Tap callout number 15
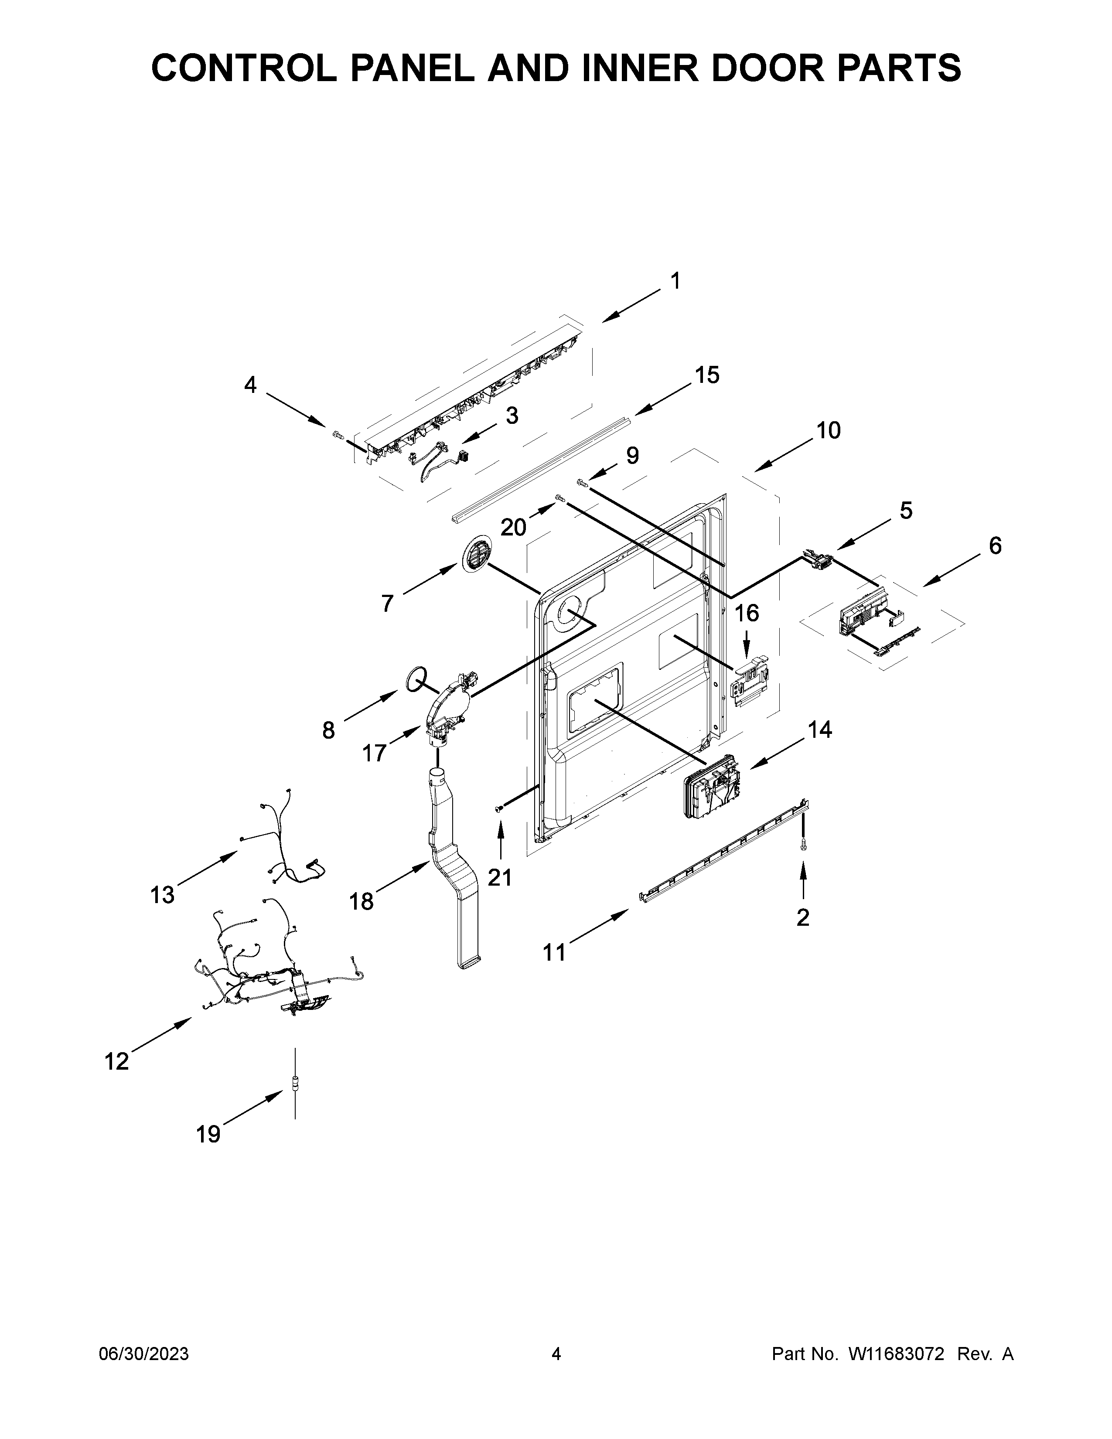pos(707,375)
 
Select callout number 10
pos(828,430)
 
